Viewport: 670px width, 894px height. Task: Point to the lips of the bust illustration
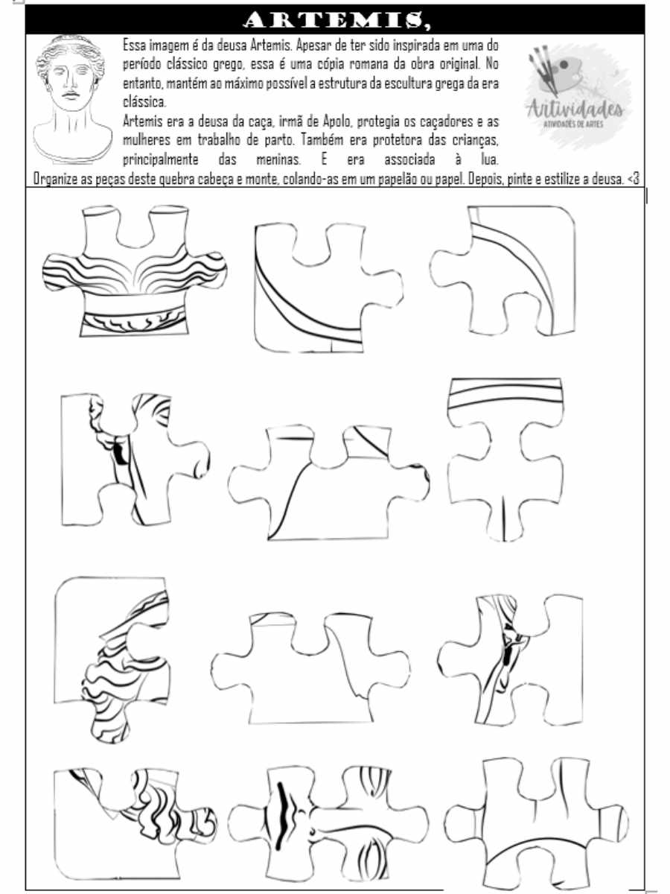(x=69, y=97)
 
